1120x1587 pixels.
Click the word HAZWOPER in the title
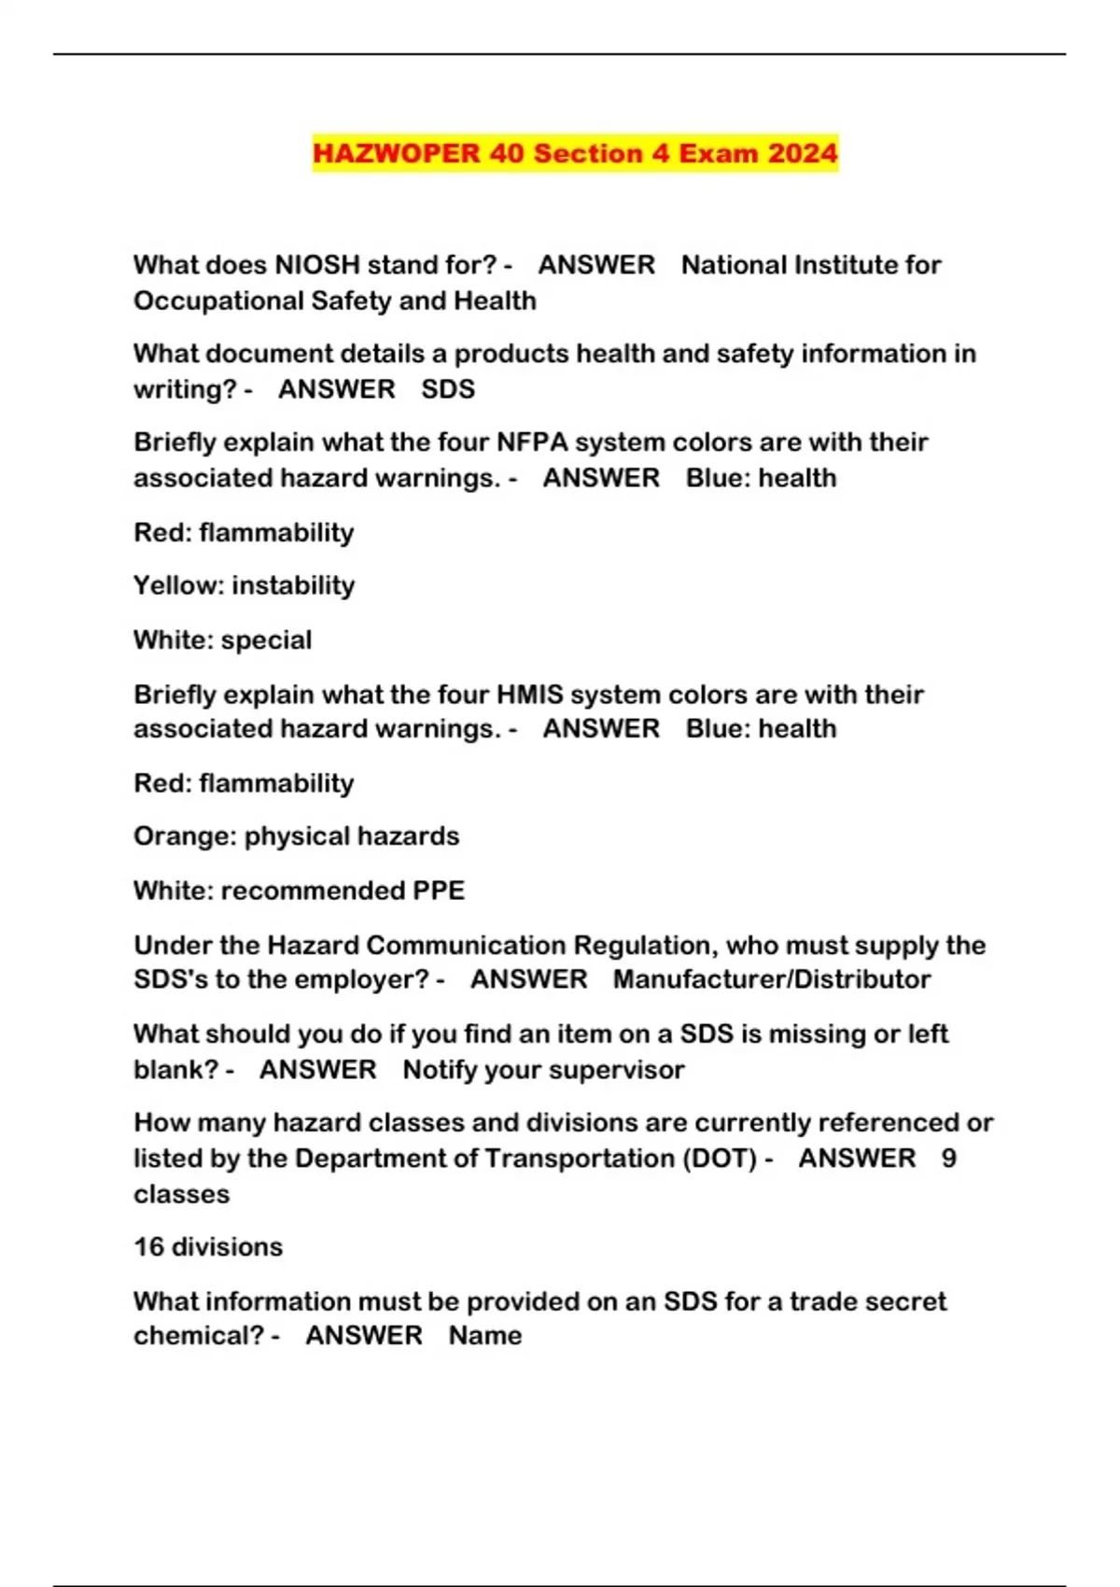coord(396,153)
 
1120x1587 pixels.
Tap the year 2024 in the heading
coord(803,153)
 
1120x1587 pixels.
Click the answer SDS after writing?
coord(448,389)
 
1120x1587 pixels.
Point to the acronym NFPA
coord(532,442)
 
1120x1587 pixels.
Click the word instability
coord(293,585)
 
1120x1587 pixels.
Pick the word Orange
coord(185,836)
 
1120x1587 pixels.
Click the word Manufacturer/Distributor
coord(772,979)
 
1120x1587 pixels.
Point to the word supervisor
coord(619,1070)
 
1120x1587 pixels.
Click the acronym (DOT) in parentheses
coord(720,1159)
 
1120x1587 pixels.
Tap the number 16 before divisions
coord(149,1247)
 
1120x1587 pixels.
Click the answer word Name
coord(485,1336)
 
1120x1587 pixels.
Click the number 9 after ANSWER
coord(948,1159)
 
